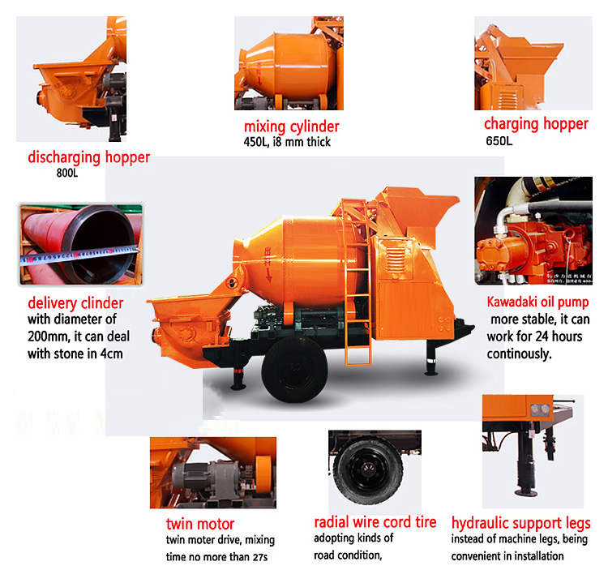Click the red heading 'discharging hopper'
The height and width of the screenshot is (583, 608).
88,157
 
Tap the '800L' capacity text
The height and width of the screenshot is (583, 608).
67,173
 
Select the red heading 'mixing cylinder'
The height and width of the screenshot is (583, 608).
291,126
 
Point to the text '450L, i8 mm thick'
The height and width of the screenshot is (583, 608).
287,142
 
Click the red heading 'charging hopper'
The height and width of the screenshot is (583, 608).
536,124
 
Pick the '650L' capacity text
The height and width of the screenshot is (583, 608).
499,141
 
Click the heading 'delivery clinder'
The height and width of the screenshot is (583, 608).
75,303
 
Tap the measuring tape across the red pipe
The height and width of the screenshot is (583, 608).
79,255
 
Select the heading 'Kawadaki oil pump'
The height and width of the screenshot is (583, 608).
537,302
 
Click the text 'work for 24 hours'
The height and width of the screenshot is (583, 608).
534,337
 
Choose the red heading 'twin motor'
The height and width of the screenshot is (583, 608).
200,524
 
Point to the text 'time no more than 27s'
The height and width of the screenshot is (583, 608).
216,557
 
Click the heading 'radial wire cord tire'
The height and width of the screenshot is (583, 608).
375,522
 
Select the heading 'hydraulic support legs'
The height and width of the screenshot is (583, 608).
520,523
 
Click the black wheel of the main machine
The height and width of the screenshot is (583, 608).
294,369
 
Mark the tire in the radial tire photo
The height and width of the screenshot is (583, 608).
368,469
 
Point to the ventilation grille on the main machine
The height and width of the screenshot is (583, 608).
396,257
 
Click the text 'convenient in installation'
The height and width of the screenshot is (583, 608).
507,556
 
